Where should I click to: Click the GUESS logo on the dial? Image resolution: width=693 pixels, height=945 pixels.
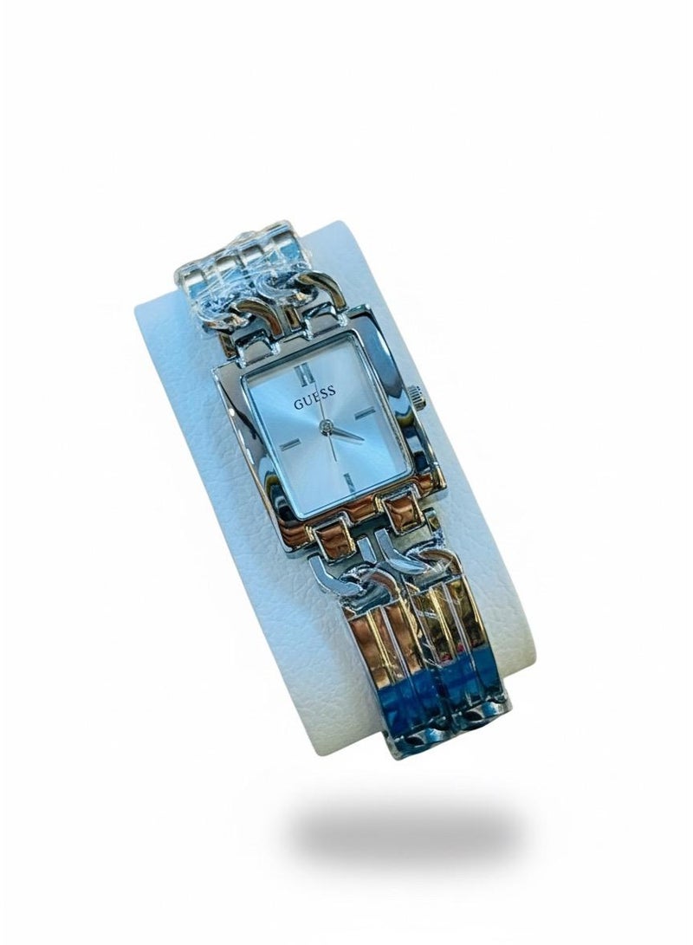314,398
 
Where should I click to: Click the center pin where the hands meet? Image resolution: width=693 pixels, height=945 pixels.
326,428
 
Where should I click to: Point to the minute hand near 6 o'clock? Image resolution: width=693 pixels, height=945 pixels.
330,447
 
